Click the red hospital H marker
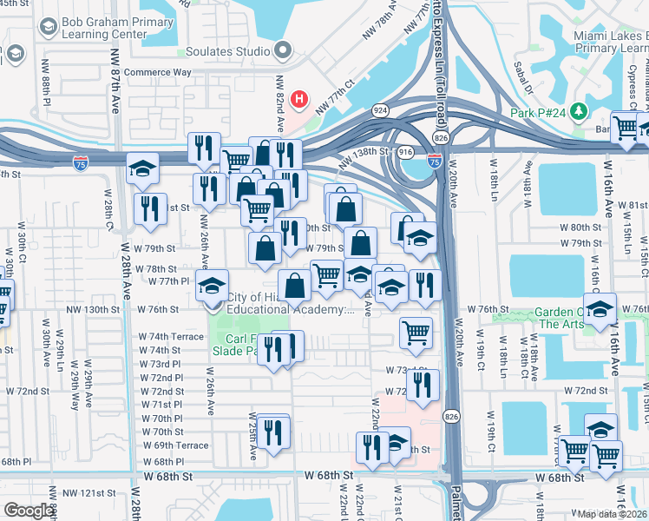(x=299, y=100)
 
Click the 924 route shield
(x=381, y=111)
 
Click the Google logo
(x=29, y=511)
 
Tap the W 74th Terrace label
(x=171, y=336)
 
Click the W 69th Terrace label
(x=174, y=445)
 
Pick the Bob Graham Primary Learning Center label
(x=95, y=28)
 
